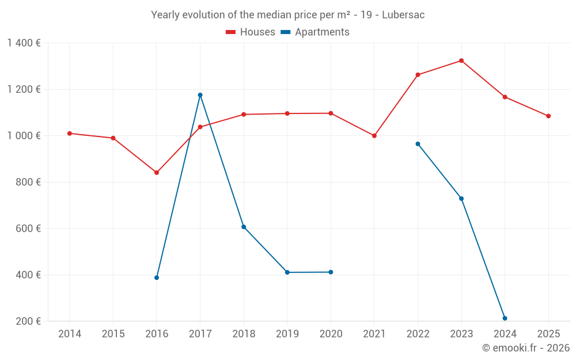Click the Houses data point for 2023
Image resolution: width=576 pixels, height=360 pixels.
point(461,60)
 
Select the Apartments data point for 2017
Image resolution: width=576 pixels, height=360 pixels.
point(200,95)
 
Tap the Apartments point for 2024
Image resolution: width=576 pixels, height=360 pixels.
point(505,319)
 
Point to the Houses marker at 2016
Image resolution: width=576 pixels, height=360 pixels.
point(157,173)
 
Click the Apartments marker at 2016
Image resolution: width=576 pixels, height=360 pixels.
point(157,278)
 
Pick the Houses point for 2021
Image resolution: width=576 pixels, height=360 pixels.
point(374,136)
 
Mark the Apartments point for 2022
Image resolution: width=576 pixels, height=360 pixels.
point(418,144)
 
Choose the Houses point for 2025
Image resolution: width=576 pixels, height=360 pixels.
point(548,116)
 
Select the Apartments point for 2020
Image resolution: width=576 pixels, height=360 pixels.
point(331,272)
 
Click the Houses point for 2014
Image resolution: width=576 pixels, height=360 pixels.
point(70,134)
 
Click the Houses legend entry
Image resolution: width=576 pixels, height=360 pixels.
point(251,32)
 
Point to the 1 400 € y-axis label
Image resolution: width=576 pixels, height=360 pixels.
point(24,43)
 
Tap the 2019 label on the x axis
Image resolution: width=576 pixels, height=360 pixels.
point(287,334)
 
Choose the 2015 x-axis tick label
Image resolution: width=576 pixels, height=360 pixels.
point(113,334)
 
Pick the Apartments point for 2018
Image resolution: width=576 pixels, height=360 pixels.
point(244,227)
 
